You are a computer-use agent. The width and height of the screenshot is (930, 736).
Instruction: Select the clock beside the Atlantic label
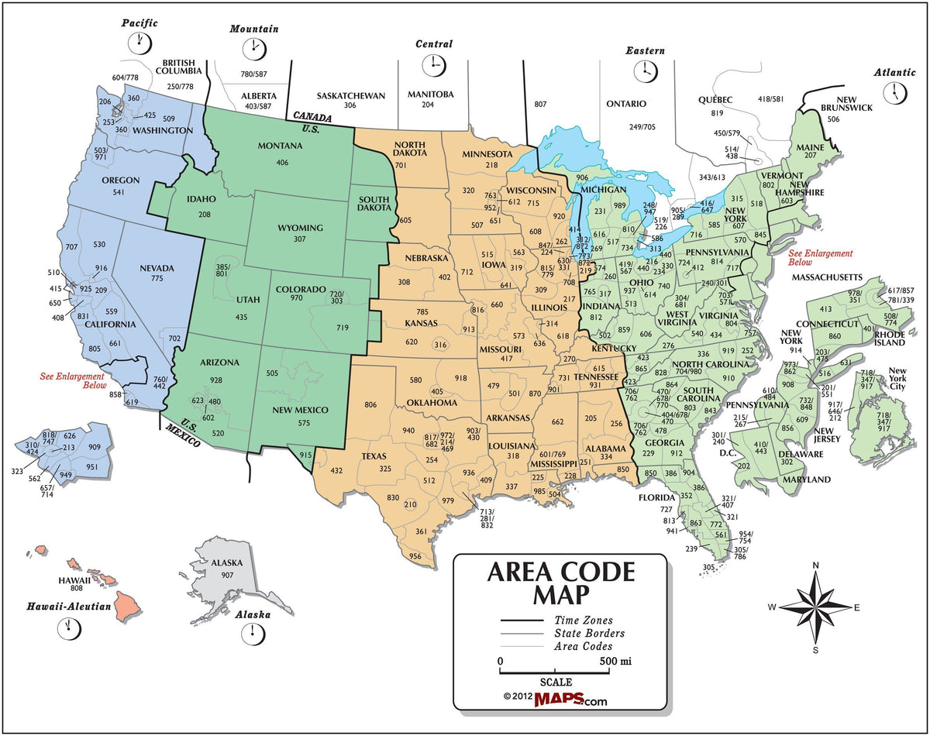[x=897, y=92]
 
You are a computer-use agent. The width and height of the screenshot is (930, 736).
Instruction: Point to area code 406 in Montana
[x=281, y=162]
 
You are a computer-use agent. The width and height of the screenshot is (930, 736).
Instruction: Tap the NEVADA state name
[x=157, y=268]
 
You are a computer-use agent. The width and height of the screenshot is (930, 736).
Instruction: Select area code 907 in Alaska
[x=227, y=575]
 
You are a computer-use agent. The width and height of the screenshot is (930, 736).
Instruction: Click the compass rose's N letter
[x=815, y=566]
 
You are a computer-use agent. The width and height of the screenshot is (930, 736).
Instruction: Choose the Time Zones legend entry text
[x=583, y=620]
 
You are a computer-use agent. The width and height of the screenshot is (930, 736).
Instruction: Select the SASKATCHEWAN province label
[x=350, y=95]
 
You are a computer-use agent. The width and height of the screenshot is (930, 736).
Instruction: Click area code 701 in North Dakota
[x=401, y=165]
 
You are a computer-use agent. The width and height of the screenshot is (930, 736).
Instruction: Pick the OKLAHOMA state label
[x=432, y=403]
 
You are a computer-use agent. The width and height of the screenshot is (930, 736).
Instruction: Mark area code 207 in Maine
[x=811, y=156]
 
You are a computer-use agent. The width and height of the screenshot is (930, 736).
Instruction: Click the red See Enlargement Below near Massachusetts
[x=820, y=258]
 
